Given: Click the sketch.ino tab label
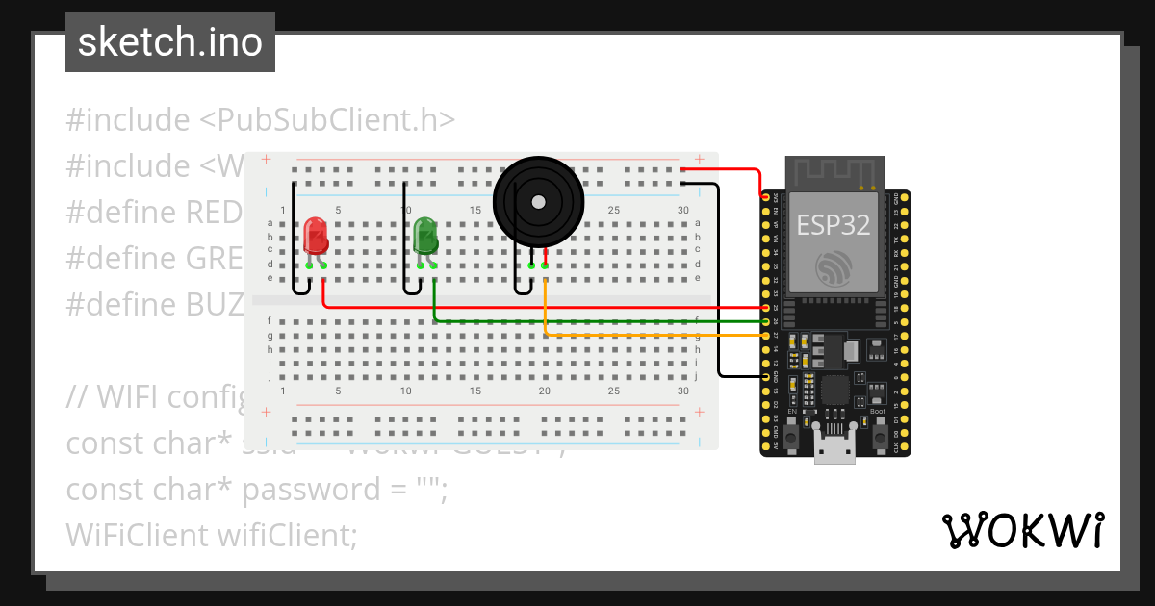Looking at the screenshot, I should (x=169, y=42).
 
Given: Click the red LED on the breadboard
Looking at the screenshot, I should (x=315, y=236).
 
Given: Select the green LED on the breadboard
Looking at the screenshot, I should (x=425, y=236).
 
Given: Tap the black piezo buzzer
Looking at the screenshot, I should (x=538, y=201).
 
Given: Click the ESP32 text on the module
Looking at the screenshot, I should (x=834, y=225).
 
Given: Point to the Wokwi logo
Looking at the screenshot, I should (x=1022, y=530).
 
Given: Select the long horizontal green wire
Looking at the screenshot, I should (x=597, y=320).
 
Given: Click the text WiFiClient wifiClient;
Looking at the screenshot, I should (x=212, y=535).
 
